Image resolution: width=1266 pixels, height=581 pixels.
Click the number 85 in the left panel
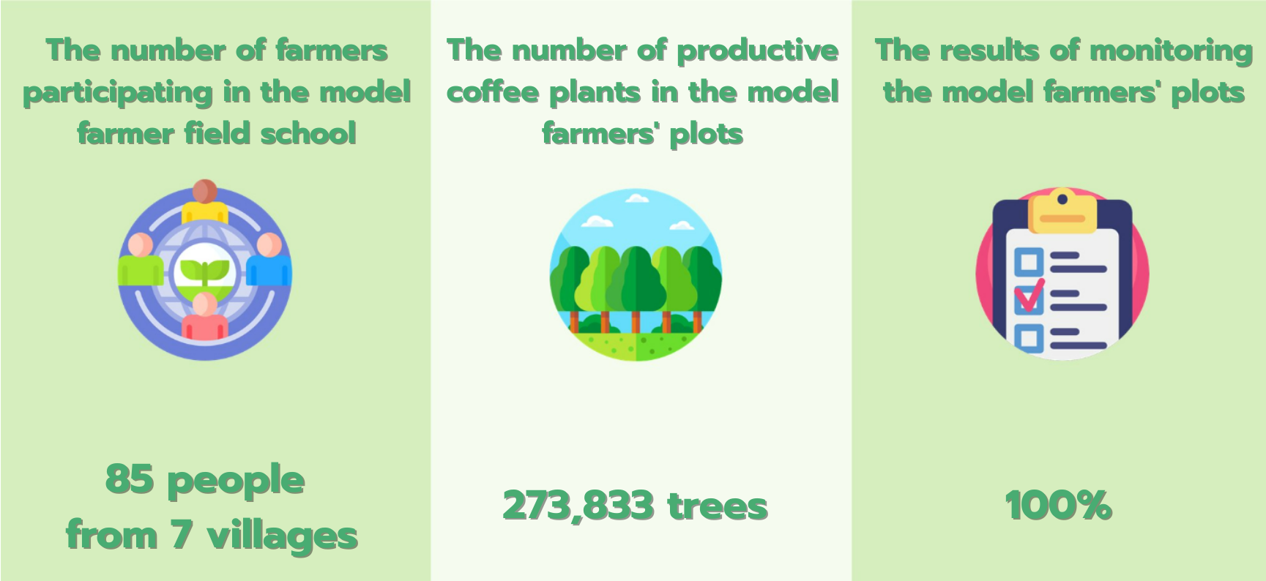[x=130, y=479]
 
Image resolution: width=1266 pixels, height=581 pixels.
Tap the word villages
[x=283, y=536]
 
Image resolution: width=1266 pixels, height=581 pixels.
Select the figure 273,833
[x=578, y=506]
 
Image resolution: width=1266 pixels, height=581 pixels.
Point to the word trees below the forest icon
[x=718, y=506]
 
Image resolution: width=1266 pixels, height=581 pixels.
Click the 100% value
[x=1059, y=506]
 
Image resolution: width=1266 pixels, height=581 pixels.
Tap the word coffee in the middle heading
[x=493, y=92]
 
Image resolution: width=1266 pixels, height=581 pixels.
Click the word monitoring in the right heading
[x=1172, y=51]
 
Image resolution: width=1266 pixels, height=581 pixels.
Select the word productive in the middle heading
[x=757, y=51]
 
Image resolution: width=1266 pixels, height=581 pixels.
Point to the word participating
[x=118, y=93]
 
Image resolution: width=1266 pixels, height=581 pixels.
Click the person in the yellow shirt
[x=205, y=201]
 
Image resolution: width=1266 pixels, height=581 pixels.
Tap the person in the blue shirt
[x=269, y=260]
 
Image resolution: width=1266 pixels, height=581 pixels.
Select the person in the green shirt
[x=141, y=260]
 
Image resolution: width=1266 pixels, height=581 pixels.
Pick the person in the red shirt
[x=205, y=316]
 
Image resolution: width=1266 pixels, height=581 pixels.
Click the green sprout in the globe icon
[x=205, y=272]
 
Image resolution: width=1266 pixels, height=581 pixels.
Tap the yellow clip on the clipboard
[x=1062, y=211]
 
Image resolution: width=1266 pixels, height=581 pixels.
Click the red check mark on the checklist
[x=1030, y=295]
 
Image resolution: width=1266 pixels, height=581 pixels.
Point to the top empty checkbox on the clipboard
[x=1029, y=261]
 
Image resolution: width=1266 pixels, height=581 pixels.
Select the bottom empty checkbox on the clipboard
[x=1029, y=338]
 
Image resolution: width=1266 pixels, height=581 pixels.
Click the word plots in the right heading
[x=1208, y=93]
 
